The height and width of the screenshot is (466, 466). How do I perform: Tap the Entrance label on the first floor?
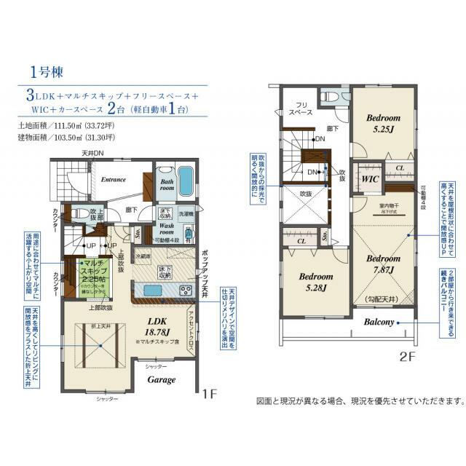pyautogui.click(x=114, y=179)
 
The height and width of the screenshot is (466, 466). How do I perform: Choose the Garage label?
pyautogui.click(x=162, y=379)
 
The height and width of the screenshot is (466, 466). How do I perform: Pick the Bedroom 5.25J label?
pyautogui.click(x=383, y=124)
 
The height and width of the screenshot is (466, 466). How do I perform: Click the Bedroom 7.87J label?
pyautogui.click(x=379, y=264)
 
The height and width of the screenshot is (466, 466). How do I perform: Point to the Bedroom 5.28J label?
pyautogui.click(x=315, y=283)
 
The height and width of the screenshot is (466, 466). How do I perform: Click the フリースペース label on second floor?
pyautogui.click(x=299, y=108)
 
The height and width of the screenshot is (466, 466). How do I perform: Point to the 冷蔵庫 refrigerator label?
pyautogui.click(x=143, y=257)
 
